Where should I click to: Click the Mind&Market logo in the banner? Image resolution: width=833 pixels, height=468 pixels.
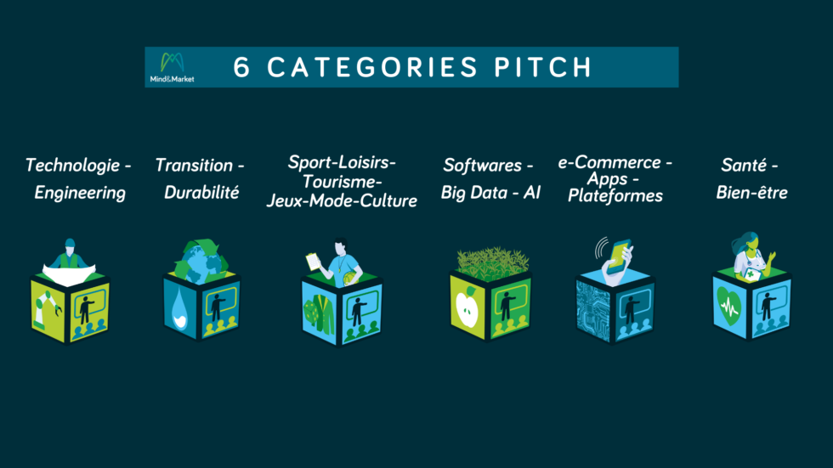click(x=172, y=67)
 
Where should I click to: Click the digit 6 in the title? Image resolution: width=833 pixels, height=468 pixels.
click(x=241, y=67)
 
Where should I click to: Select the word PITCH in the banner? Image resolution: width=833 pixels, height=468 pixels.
click(x=543, y=67)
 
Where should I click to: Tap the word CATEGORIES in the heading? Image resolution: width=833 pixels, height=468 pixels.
click(x=372, y=67)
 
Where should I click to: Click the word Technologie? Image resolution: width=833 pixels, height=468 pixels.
click(x=73, y=166)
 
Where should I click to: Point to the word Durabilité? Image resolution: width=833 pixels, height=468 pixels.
click(x=201, y=192)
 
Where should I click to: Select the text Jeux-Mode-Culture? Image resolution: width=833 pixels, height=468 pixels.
click(x=342, y=200)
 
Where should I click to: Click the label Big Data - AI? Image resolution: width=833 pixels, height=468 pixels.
click(x=490, y=192)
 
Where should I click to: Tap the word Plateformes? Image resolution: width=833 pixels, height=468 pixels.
click(x=615, y=196)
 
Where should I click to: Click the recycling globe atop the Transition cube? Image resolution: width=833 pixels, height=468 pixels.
click(x=202, y=262)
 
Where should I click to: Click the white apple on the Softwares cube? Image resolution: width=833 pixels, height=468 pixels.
click(x=467, y=307)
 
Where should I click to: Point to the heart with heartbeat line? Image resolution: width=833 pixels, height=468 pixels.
click(x=728, y=306)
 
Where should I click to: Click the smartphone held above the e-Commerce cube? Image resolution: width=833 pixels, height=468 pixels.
click(x=619, y=257)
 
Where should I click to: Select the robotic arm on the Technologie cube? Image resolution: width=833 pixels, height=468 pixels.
click(x=48, y=309)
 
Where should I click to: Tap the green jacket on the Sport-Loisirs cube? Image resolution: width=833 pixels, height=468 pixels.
click(x=320, y=313)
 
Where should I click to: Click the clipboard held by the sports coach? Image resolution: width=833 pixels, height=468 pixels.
click(x=314, y=262)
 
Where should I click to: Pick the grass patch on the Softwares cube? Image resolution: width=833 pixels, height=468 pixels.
click(x=492, y=262)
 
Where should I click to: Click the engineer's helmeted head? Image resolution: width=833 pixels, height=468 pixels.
click(x=70, y=245)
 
